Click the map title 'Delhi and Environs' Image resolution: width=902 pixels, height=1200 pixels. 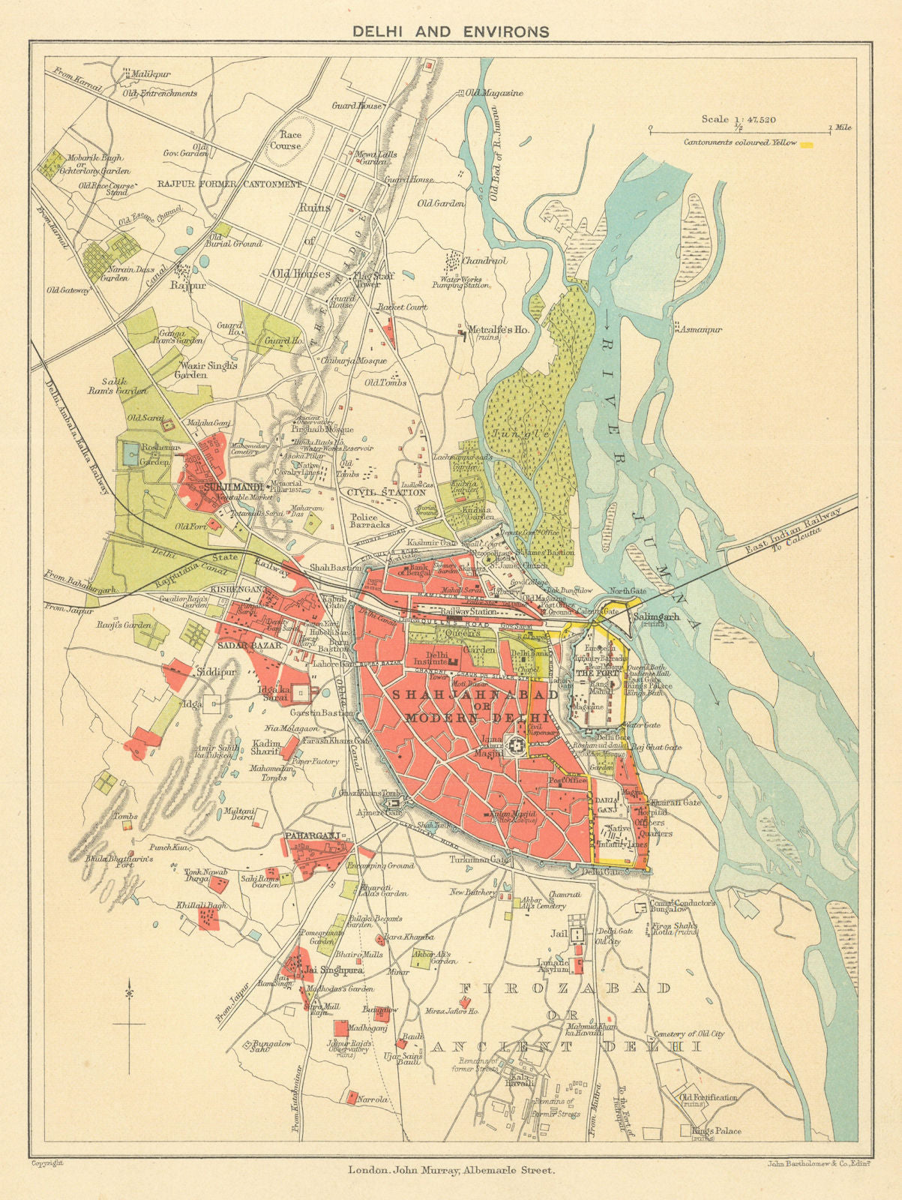click(451, 31)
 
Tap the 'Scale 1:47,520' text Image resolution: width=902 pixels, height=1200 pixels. click(739, 118)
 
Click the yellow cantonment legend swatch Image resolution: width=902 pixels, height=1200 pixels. click(807, 142)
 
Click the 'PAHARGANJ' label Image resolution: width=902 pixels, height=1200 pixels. click(308, 835)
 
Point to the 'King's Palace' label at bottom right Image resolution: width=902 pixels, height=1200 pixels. click(717, 1131)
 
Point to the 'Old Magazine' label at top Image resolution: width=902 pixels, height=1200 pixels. click(493, 93)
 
